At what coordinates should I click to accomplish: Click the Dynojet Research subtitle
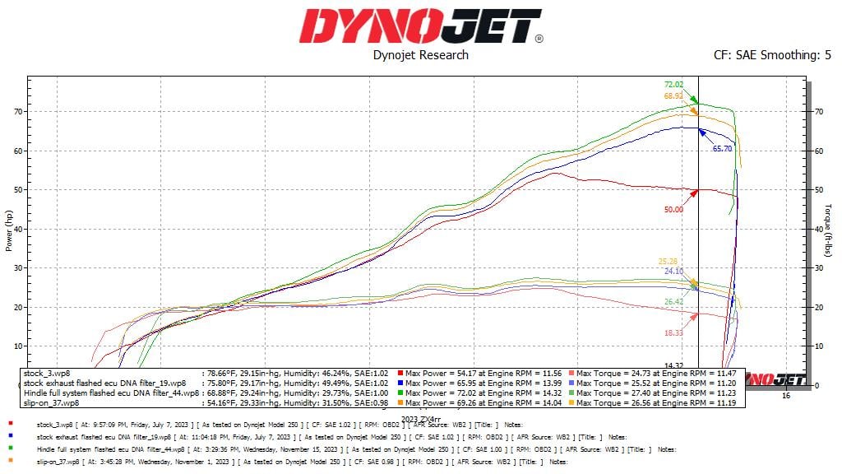pyautogui.click(x=420, y=55)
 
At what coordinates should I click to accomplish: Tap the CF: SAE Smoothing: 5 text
pyautogui.click(x=772, y=55)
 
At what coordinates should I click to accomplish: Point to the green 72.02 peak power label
pyautogui.click(x=674, y=85)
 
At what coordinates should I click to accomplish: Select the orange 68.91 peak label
pyautogui.click(x=674, y=96)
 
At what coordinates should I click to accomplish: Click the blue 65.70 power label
pyautogui.click(x=722, y=149)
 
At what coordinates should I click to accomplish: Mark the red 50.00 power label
pyautogui.click(x=673, y=210)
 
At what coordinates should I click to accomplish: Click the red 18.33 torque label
pyautogui.click(x=673, y=332)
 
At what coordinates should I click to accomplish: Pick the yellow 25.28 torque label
pyautogui.click(x=669, y=262)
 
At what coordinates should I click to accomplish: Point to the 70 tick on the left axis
pyautogui.click(x=17, y=111)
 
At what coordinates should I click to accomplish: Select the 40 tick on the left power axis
pyautogui.click(x=17, y=229)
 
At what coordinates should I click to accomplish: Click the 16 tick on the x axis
pyautogui.click(x=785, y=396)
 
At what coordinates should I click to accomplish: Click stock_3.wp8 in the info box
pyautogui.click(x=45, y=374)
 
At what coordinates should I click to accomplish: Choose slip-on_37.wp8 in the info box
pyautogui.click(x=51, y=404)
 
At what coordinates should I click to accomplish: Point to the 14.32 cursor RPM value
pyautogui.click(x=674, y=365)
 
